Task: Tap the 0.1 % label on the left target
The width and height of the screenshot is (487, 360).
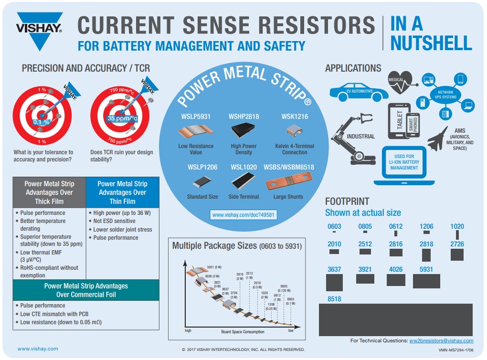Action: [x=41, y=122]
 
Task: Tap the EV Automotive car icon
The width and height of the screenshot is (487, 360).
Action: [x=359, y=91]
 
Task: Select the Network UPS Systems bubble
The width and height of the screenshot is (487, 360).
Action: [x=444, y=94]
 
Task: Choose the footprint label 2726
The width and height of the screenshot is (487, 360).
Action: [x=457, y=244]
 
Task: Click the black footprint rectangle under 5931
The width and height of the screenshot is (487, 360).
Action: [x=426, y=282]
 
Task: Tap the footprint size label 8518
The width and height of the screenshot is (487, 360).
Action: [x=334, y=298]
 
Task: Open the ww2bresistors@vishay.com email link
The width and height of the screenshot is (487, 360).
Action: [x=441, y=340]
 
